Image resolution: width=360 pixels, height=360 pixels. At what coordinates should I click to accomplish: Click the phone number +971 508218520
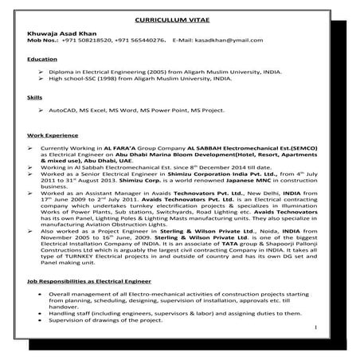pyautogui.click(x=83, y=38)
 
